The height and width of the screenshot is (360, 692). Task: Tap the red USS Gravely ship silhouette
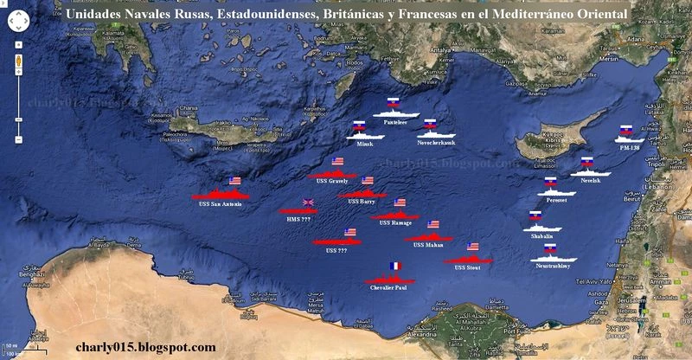pyautogui.click(x=332, y=174)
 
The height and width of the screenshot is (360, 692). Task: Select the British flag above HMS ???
pyautogui.click(x=308, y=203)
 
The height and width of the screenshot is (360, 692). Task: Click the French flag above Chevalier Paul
pyautogui.click(x=394, y=267)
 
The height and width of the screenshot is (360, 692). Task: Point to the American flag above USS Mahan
pyautogui.click(x=433, y=224)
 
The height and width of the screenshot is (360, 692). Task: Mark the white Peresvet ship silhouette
pyautogui.click(x=553, y=191)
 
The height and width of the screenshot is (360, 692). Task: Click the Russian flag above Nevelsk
pyautogui.click(x=587, y=162)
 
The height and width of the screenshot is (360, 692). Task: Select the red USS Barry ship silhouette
pyautogui.click(x=361, y=192)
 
